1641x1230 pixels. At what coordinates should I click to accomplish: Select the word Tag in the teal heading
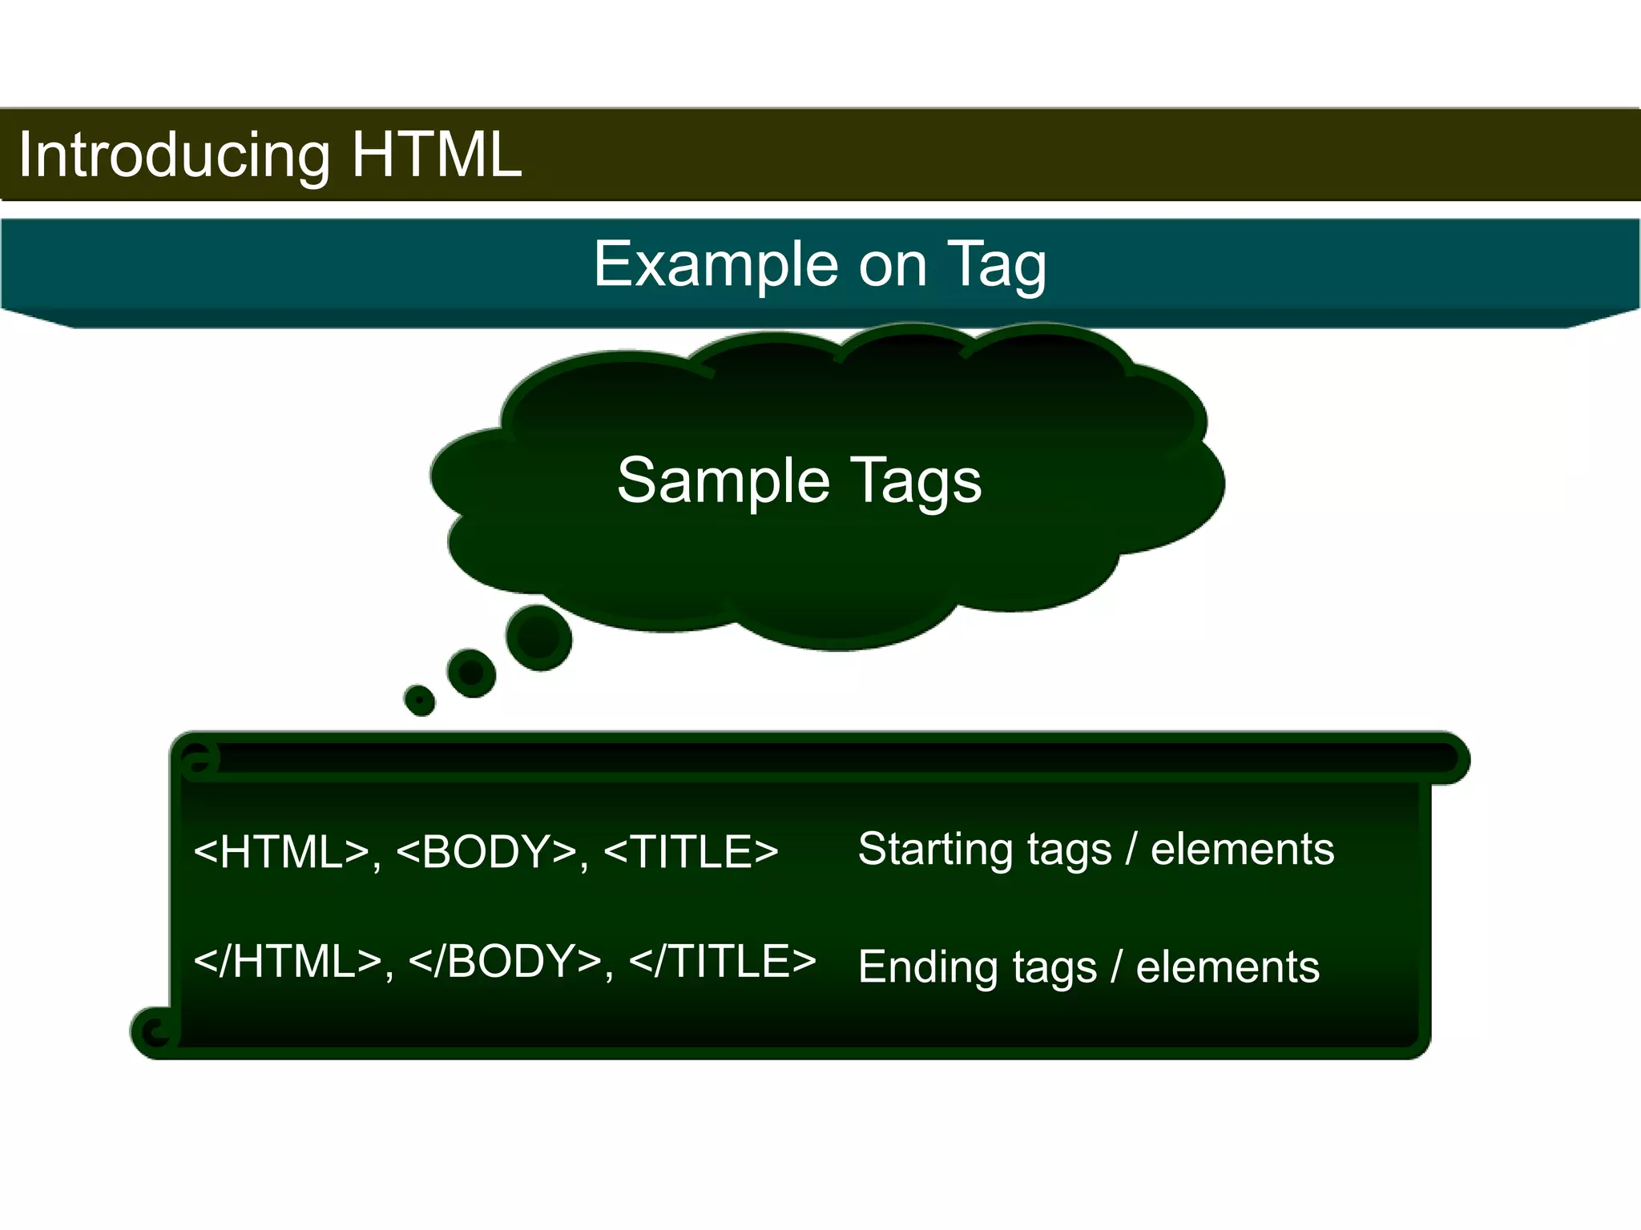point(997,265)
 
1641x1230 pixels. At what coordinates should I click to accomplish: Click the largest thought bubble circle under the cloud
point(539,637)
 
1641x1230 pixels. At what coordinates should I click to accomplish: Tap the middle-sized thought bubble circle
point(471,673)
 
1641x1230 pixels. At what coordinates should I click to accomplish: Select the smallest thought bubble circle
point(419,700)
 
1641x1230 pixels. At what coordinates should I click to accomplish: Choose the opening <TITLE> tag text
point(691,851)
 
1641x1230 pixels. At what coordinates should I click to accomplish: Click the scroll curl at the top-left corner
point(199,759)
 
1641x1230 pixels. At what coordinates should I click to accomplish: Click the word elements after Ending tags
point(1228,967)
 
